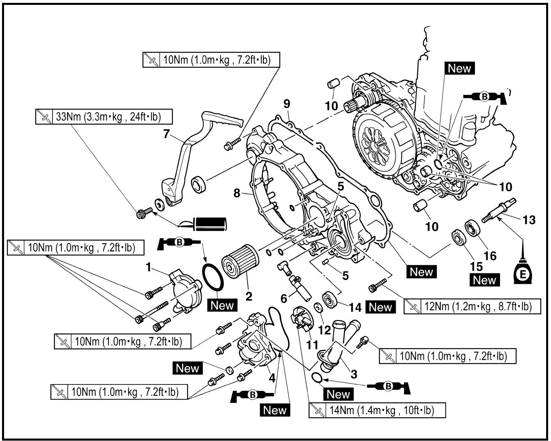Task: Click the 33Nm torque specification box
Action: (x=104, y=117)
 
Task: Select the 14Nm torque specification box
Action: (x=377, y=410)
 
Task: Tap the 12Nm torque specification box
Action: (x=472, y=306)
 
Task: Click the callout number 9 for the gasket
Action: (x=287, y=104)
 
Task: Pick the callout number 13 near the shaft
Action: (x=529, y=220)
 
